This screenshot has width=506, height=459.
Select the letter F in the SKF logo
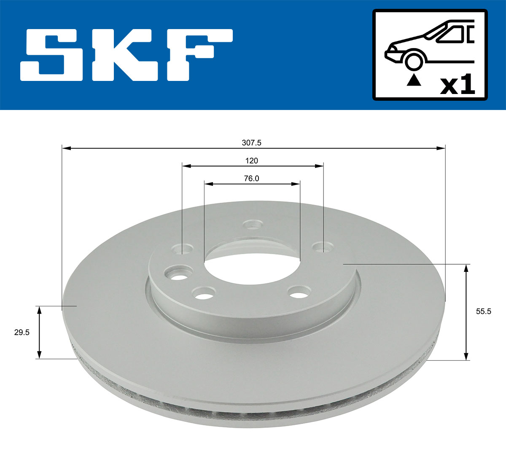[x=198, y=55]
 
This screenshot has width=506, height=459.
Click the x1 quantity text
[x=458, y=86]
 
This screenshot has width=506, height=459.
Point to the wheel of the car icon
[x=413, y=60]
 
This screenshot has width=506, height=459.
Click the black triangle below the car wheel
[x=413, y=80]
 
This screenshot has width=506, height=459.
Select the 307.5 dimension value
[x=252, y=143]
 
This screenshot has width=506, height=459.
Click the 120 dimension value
[x=252, y=161]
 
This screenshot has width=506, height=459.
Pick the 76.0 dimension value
[x=251, y=178]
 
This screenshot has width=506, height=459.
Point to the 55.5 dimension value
[x=483, y=312]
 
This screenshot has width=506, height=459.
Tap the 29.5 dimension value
[x=22, y=332]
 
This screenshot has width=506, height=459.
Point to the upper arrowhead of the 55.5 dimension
[x=466, y=268]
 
